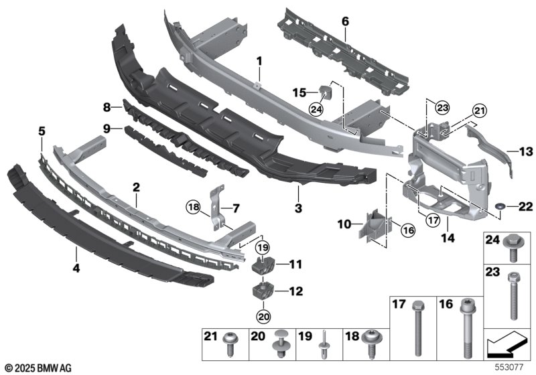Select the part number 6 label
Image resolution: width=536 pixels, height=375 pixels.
(x=345, y=21)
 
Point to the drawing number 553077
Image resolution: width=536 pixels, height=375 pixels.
(x=515, y=368)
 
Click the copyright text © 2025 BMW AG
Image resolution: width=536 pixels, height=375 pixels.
(x=38, y=368)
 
